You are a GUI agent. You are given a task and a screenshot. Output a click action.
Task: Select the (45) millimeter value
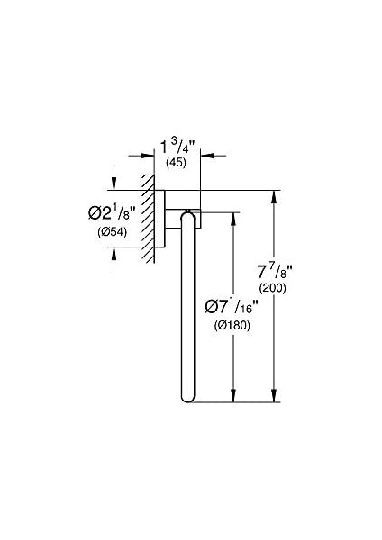[176, 163]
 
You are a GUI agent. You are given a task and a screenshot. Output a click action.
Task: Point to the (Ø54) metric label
[112, 232]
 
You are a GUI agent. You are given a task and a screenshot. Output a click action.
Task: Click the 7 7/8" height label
[275, 272]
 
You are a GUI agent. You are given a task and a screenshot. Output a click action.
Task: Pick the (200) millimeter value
[272, 288]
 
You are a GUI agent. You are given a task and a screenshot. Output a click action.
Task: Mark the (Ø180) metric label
[232, 325]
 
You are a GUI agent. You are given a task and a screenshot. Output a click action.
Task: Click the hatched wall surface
[148, 219]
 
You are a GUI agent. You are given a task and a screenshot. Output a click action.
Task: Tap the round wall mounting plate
[159, 219]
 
